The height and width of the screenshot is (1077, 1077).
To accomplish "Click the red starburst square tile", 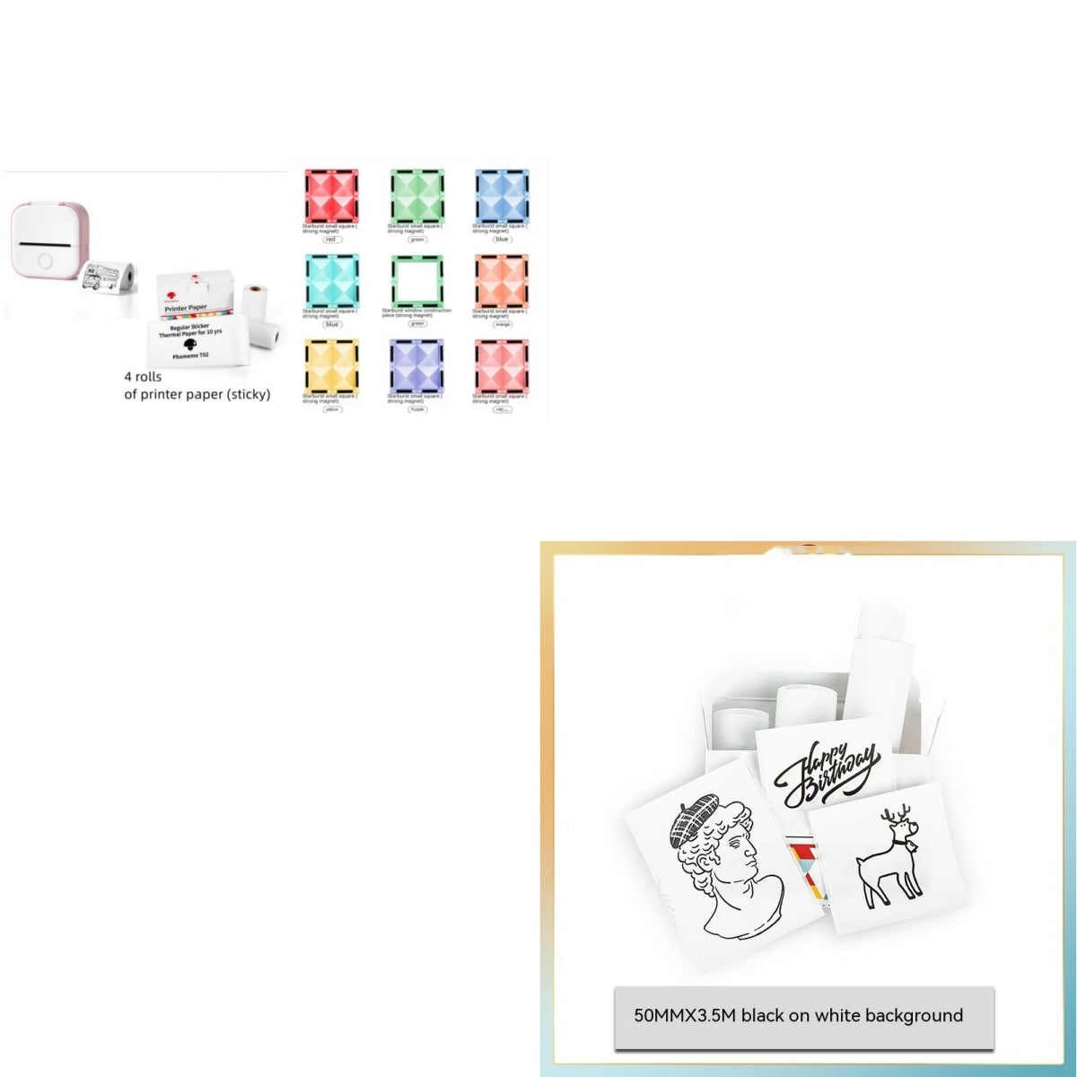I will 331,195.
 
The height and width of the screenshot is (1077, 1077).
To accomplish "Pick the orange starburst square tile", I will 503,280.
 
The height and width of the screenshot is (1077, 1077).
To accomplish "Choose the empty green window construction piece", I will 417,280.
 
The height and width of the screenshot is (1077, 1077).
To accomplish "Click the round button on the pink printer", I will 43,262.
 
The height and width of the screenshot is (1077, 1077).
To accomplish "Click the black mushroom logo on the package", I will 189,344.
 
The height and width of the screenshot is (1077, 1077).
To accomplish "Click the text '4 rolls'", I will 143,377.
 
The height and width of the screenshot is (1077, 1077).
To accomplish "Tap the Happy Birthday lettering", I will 827,771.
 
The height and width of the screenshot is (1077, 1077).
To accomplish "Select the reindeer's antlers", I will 895,818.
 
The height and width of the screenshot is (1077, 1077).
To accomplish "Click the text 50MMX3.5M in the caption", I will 685,1015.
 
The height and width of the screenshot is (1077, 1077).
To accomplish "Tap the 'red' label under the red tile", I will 330,240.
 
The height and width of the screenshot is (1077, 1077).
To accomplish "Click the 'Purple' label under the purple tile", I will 417,409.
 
